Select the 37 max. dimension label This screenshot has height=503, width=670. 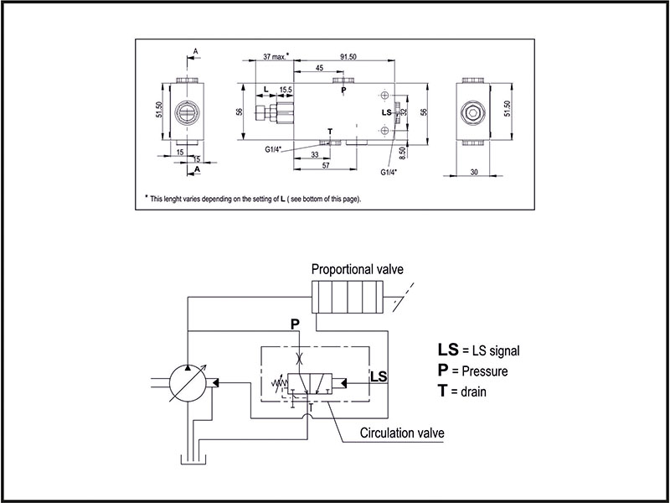(x=275, y=56)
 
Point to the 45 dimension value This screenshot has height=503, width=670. (x=319, y=68)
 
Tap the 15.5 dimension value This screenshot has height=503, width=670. (x=286, y=89)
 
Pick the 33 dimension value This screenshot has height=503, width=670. (x=313, y=156)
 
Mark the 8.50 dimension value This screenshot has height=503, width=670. (x=403, y=152)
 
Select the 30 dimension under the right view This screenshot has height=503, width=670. (x=474, y=172)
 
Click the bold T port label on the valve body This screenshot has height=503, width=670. (x=329, y=132)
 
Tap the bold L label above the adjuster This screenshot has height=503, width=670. (x=265, y=89)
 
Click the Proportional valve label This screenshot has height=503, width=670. (x=357, y=270)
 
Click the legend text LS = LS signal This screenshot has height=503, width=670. (x=485, y=350)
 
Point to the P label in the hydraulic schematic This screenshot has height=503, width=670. (x=294, y=323)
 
